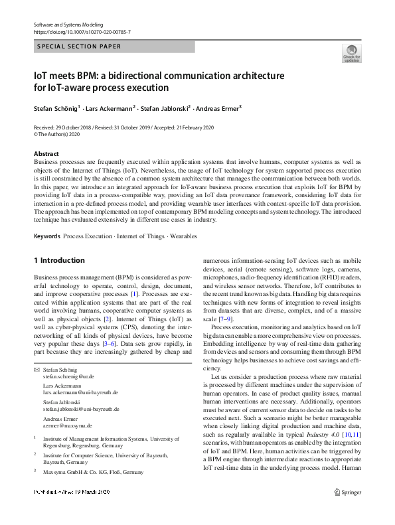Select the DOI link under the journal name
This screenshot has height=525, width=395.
point(82,32)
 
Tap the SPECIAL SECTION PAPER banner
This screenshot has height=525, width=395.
point(79,46)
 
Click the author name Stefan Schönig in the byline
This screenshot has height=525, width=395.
point(56,108)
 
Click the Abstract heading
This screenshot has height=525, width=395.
point(46,154)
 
